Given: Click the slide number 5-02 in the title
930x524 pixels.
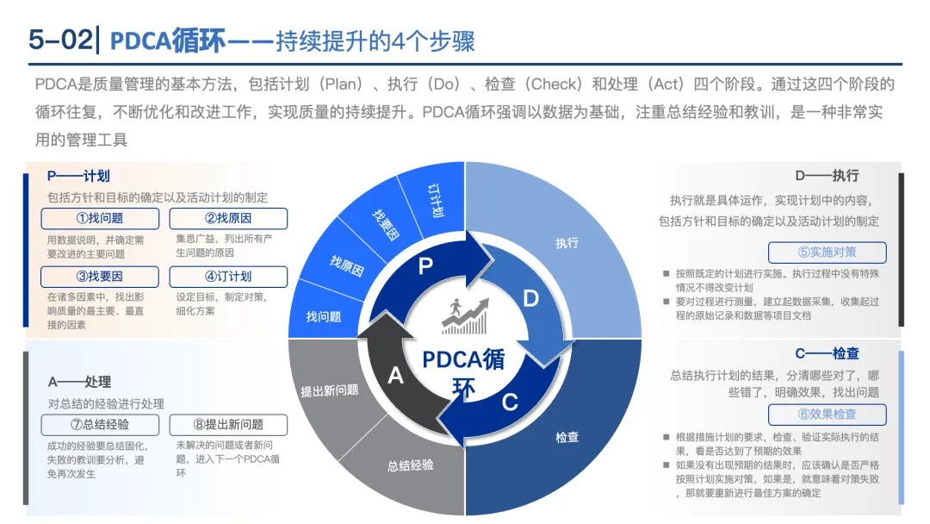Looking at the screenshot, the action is coord(58,40).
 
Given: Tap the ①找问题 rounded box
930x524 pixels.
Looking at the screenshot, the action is coord(100,219).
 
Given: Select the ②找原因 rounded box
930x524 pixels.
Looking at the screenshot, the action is coord(228,219).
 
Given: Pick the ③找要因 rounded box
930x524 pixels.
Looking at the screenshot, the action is coord(100,277).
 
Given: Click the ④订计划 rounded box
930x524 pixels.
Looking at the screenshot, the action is coord(228,277).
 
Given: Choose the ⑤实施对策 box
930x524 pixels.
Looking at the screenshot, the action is coord(827,253).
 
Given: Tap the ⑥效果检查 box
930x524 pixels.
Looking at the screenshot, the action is coord(827,414).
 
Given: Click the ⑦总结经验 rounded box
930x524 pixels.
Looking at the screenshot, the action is coord(100,424).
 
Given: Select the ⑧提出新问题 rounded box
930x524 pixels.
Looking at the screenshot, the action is coord(228,424).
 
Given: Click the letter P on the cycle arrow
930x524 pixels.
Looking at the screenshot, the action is coord(425,266).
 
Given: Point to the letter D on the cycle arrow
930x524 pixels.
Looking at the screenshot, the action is coord(530,298).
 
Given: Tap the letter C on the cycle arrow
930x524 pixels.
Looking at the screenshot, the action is coord(510,402).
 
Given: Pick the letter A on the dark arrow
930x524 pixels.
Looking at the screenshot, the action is coord(396,376).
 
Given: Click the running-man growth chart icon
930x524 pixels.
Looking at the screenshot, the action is coord(465,317).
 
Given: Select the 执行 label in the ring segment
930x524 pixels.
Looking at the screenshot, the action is coord(567,244).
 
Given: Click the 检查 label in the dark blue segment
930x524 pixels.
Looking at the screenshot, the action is coord(567,438).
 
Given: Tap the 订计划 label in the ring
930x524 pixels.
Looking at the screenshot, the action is coord(436,200).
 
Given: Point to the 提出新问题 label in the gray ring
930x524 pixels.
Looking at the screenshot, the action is coord(329,390).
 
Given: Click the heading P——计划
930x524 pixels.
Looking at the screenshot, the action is coord(78,176).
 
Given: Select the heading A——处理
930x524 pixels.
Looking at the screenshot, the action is coord(79,382).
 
